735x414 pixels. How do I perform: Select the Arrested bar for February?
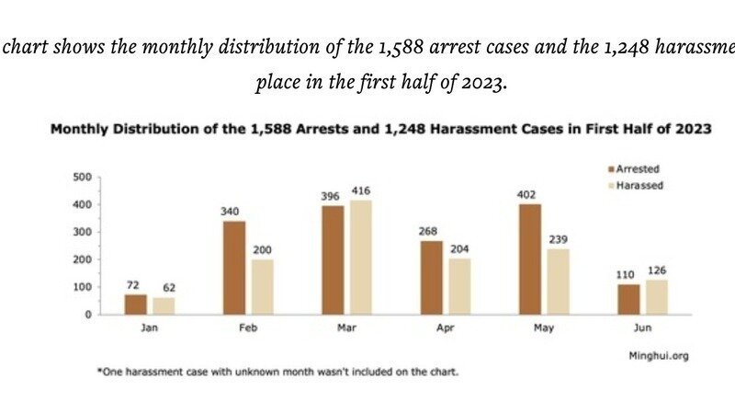[233, 268]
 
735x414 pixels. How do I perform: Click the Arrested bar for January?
[135, 305]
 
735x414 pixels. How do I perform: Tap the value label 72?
[135, 285]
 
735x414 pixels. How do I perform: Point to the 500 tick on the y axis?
[83, 177]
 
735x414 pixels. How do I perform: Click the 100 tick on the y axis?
[83, 287]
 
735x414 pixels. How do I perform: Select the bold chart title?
[381, 131]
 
